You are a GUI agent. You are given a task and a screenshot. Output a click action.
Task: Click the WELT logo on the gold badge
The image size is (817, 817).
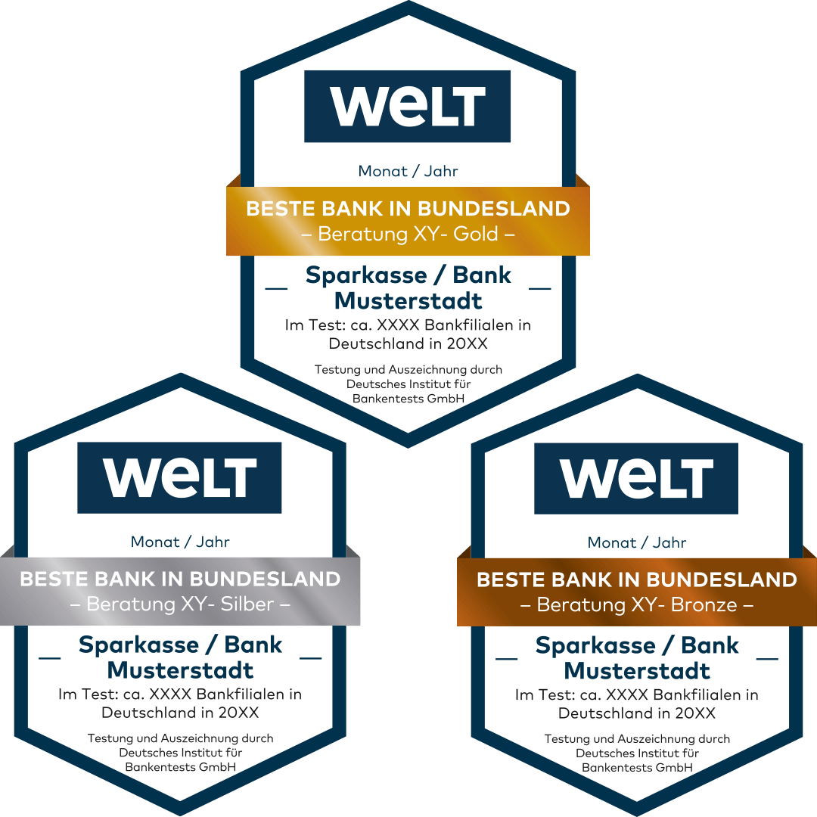[407, 106]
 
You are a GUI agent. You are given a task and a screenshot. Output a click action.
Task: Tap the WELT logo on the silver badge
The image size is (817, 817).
[179, 478]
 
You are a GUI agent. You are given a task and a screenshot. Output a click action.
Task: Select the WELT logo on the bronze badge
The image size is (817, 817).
[636, 478]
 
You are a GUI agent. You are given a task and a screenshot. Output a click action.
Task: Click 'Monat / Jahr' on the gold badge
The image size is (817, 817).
[408, 171]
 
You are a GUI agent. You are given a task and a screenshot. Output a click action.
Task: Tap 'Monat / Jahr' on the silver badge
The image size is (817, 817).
[180, 542]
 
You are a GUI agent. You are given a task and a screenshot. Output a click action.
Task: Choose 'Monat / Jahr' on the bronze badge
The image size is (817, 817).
[637, 542]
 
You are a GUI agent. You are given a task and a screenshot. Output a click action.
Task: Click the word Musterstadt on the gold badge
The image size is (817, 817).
[408, 301]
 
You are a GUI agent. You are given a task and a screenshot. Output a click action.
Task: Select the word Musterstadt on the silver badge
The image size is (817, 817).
[180, 671]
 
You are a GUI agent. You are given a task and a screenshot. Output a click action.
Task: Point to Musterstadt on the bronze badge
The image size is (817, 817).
[637, 672]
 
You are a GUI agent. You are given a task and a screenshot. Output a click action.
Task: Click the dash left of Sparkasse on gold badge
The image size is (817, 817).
[277, 288]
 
